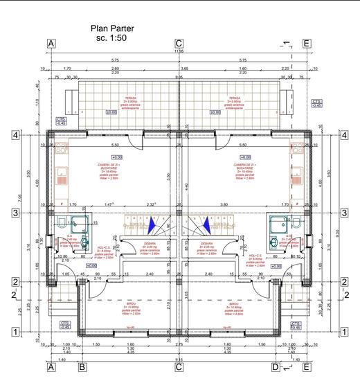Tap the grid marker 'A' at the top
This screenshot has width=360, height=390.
coord(51,43)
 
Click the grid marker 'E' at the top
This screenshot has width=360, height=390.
coord(305,43)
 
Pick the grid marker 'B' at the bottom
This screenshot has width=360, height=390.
coord(82,368)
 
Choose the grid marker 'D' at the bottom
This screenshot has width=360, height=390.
coord(275,368)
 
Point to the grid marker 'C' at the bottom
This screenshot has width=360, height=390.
coord(179,368)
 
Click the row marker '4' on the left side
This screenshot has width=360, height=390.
coord(15,135)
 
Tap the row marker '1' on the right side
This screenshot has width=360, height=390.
coord(343,333)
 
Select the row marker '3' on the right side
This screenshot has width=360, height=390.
coord(343,213)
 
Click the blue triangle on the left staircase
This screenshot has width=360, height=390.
coord(152,224)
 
